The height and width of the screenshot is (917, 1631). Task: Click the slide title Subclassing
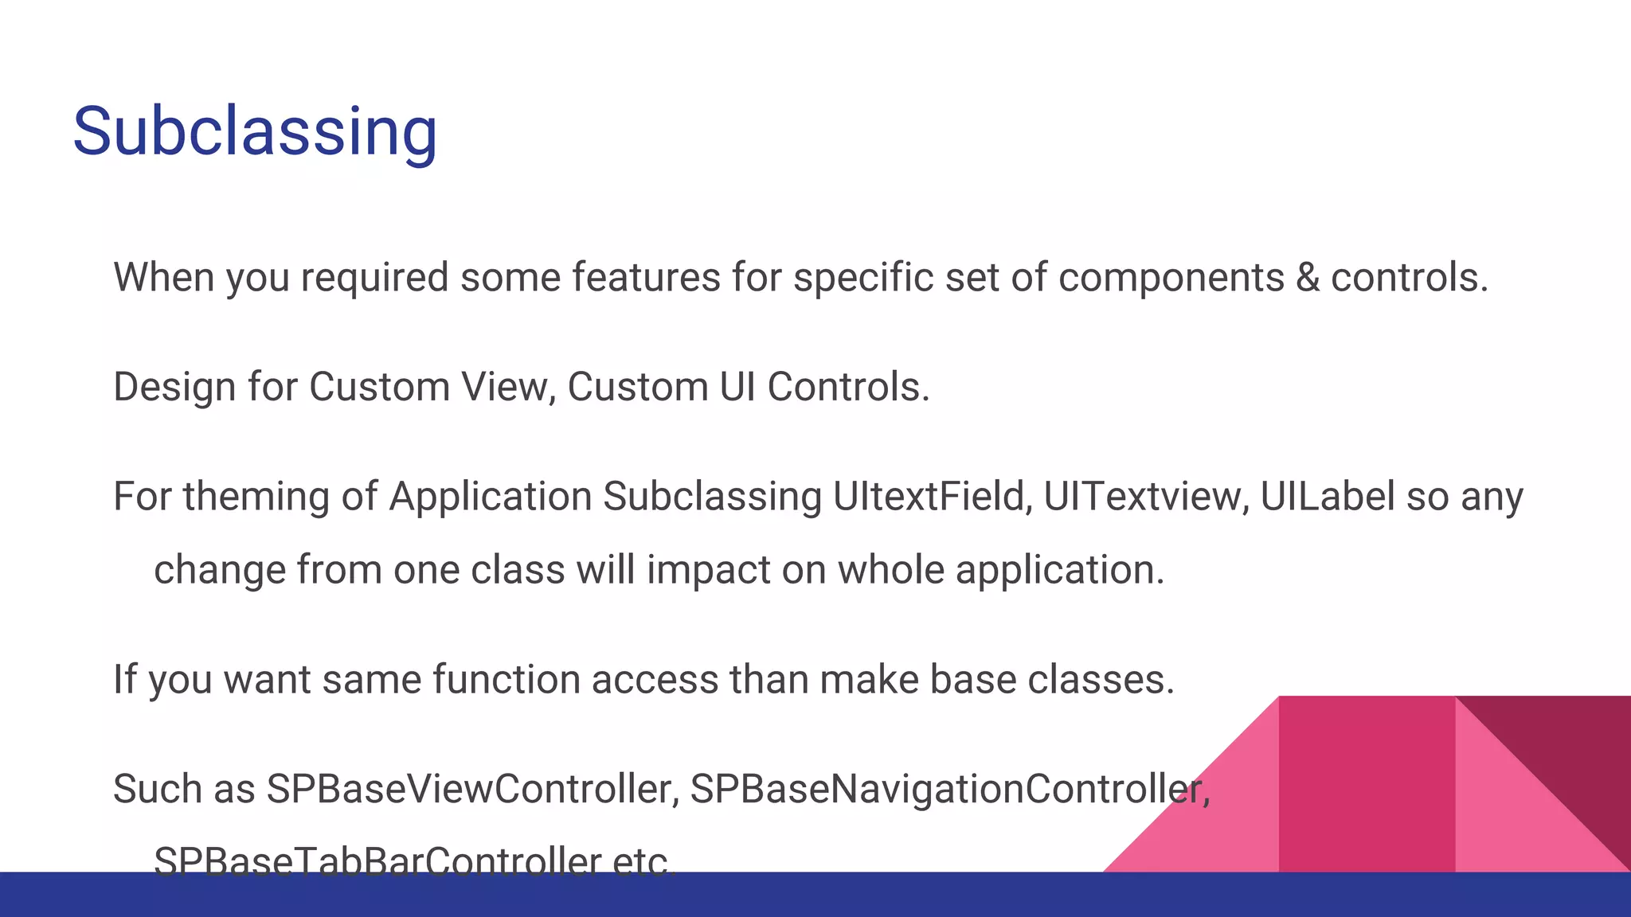pos(255,131)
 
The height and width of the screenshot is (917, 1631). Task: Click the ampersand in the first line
pos(1307,278)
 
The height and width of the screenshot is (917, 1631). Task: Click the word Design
pos(174,388)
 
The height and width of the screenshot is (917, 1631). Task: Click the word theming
pos(256,498)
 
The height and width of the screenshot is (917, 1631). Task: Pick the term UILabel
pos(1327,497)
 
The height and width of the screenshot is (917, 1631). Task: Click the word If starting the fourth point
pos(124,680)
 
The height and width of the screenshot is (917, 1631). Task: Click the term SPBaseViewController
pos(472,789)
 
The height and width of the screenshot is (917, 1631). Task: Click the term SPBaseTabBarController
pos(377,860)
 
